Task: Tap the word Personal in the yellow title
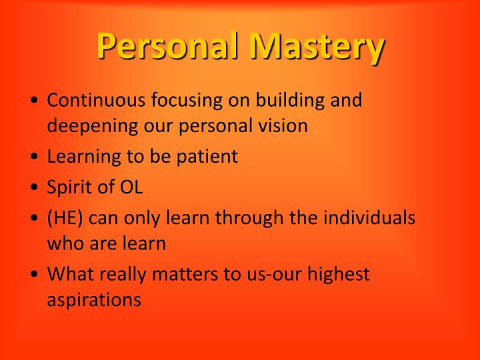click(x=169, y=47)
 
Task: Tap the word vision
click(x=283, y=125)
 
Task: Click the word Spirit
click(x=70, y=187)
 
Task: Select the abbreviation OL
click(x=131, y=187)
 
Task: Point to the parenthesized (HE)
click(x=65, y=218)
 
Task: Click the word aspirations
click(x=94, y=299)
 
